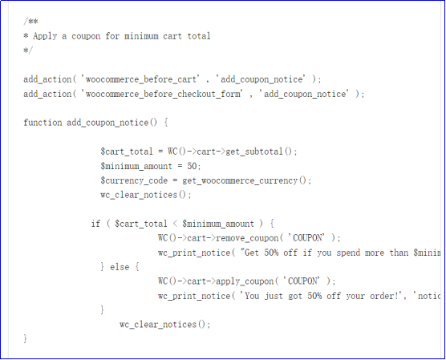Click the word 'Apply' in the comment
click(45, 36)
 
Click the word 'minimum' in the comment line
click(141, 36)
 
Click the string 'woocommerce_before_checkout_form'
click(163, 94)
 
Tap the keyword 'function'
click(43, 123)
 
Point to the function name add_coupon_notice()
click(111, 123)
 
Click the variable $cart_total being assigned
click(127, 152)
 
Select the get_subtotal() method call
click(259, 152)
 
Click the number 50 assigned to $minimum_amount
click(192, 166)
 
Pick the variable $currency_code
click(134, 180)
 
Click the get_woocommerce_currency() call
click(245, 180)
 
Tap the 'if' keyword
click(95, 224)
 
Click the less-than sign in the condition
click(175, 224)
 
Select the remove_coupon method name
click(247, 238)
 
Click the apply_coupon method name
click(245, 281)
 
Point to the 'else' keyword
click(120, 267)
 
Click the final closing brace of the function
click(26, 338)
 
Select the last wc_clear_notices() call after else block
click(164, 325)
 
